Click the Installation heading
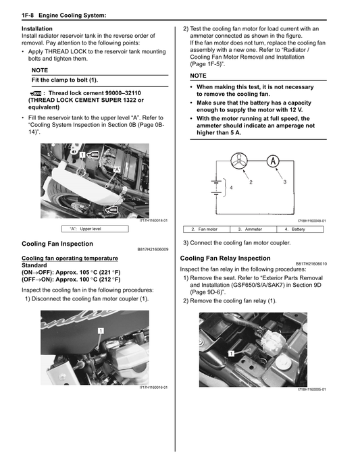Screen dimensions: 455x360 point(38,29)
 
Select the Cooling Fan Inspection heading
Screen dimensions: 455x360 point(57,243)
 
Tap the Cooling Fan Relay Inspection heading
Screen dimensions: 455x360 point(225,258)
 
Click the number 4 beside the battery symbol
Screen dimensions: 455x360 point(231,187)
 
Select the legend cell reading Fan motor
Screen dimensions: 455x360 point(207,230)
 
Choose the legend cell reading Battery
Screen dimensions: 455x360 point(297,230)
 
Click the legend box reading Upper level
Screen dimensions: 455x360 point(95,230)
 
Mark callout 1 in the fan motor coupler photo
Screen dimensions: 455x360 point(100,331)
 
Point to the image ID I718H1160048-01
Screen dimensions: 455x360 point(311,221)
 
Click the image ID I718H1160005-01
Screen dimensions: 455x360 point(311,390)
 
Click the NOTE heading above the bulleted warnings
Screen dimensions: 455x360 point(199,76)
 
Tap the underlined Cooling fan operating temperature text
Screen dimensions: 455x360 point(70,258)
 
